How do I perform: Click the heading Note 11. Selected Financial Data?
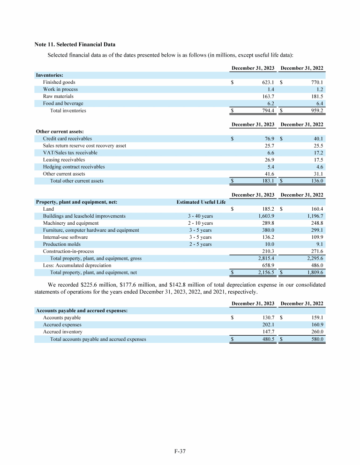75,44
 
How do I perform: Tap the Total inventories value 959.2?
317,111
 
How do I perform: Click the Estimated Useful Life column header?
201,202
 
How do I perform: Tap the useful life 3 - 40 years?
201,216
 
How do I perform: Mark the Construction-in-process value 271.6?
317,251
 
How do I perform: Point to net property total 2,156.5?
265,273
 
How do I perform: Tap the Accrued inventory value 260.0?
317,332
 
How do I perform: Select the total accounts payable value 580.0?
317,339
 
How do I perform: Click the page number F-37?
180,451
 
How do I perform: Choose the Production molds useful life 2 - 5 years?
201,244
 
